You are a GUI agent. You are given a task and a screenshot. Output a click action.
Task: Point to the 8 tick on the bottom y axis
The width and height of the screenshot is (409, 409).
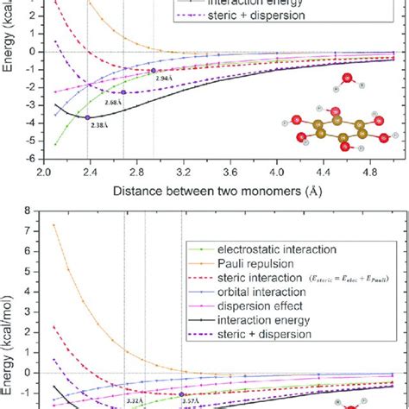[35, 210]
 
